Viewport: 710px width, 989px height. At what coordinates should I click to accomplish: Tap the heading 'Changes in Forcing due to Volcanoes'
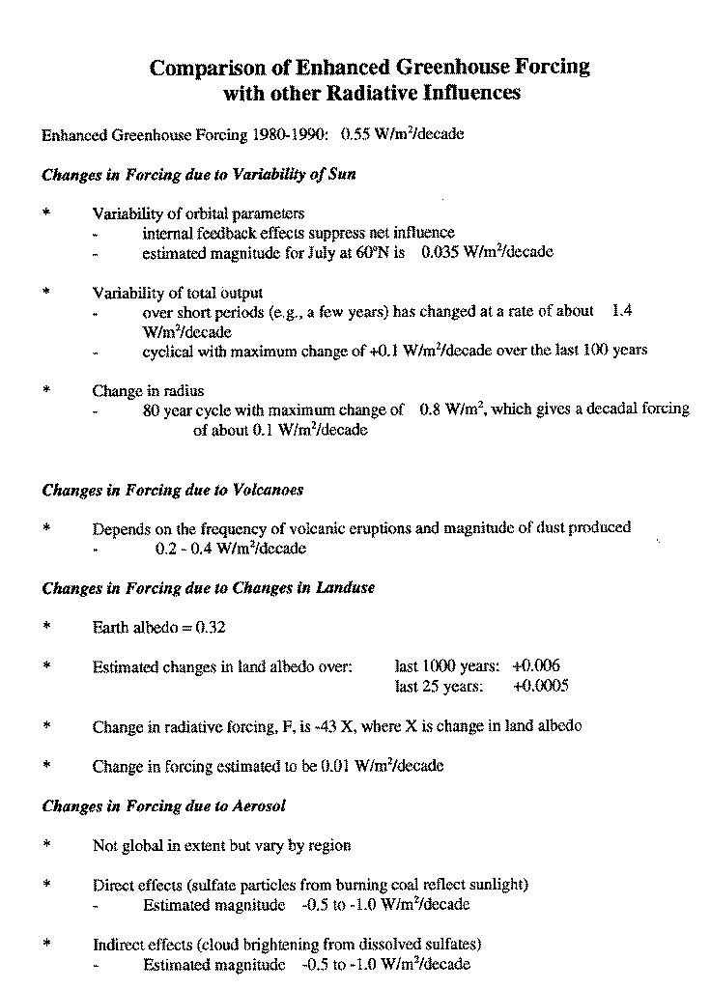173,490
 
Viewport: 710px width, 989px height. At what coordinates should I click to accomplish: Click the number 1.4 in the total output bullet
622,311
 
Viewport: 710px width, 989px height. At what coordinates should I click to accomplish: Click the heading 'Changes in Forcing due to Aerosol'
164,805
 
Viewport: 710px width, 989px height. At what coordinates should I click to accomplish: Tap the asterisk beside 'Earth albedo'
46,627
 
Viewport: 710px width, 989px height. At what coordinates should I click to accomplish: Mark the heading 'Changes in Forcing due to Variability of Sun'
199,175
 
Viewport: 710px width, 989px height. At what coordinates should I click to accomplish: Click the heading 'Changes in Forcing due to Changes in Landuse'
209,587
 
